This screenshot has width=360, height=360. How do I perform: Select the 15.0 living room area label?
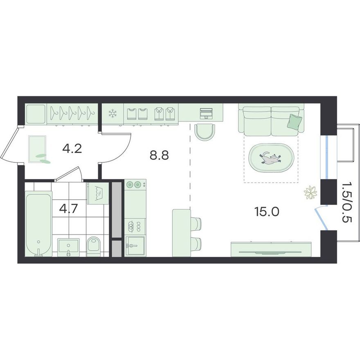click(x=267, y=211)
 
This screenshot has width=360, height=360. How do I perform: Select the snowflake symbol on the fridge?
click(x=112, y=113)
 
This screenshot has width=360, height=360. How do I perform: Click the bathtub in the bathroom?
click(x=38, y=225)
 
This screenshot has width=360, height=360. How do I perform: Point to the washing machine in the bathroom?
click(x=98, y=193)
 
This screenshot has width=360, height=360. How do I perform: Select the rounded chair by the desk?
click(x=205, y=132)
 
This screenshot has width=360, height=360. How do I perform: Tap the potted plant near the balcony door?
click(x=310, y=192)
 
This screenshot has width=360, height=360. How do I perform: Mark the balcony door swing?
click(x=322, y=217)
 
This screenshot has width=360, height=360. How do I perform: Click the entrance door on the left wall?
click(x=10, y=145)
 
